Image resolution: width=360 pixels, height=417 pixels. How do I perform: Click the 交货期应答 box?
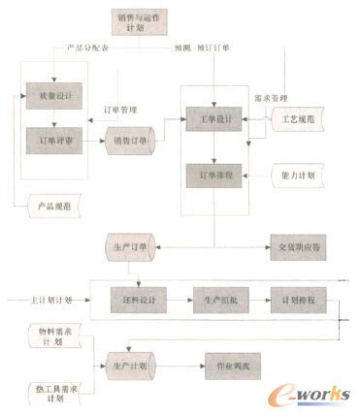(297, 246)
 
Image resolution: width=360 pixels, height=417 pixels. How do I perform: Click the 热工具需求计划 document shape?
(50, 394)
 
